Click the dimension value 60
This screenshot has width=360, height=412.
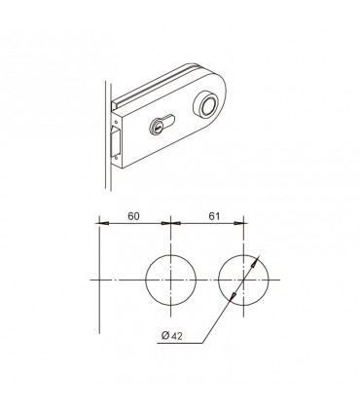click(133, 216)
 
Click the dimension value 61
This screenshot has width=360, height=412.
click(214, 216)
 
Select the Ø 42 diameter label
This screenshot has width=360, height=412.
click(172, 336)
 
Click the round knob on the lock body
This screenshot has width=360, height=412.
click(205, 105)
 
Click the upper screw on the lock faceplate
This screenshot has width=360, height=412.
click(116, 121)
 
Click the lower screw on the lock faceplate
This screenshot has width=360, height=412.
click(116, 159)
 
